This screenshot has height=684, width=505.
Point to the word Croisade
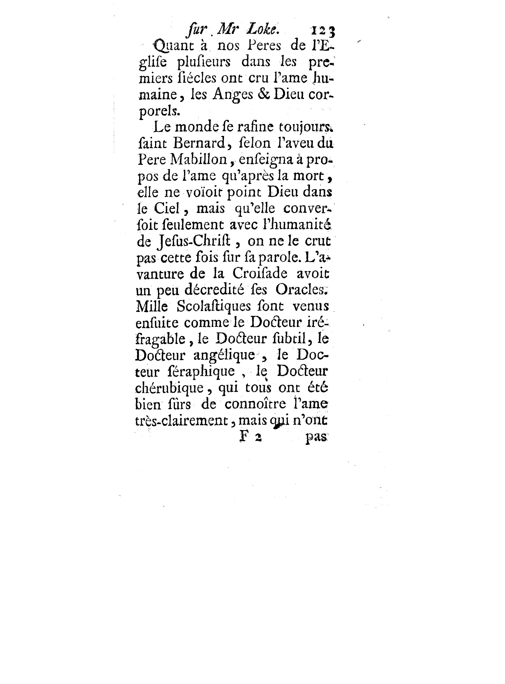click(x=260, y=274)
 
